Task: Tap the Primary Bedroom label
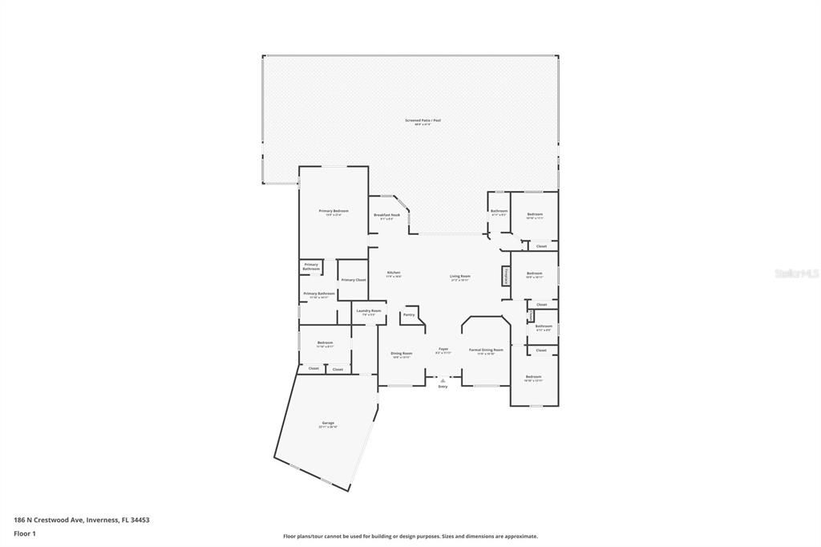coord(334,212)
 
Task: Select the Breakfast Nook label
coord(386,216)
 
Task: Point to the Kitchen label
coord(394,273)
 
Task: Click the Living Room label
coord(459,277)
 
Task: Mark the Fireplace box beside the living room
coord(506,276)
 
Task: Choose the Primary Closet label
coord(354,280)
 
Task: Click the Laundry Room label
coord(369,311)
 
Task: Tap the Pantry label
coord(409,315)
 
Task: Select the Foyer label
coord(443,350)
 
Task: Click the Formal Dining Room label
coord(486,350)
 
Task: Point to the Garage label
coord(328,423)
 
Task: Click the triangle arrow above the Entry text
coord(443,380)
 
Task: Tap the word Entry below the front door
coord(443,387)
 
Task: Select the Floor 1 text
coord(25,533)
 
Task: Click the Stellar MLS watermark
coord(797,273)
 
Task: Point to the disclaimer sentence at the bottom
coord(410,537)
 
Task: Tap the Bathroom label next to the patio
coord(499,212)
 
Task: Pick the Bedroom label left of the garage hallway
coord(325,343)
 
